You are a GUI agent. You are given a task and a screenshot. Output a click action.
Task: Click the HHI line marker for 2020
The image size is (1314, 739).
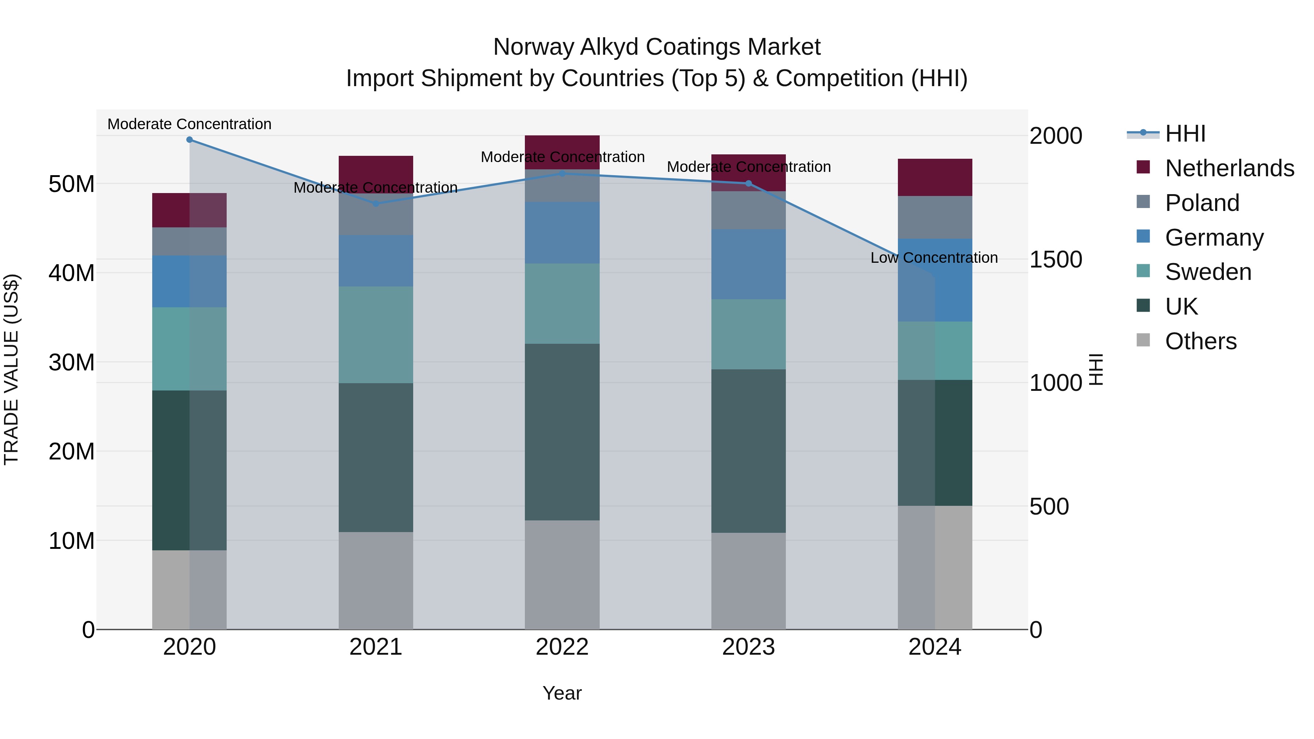point(189,140)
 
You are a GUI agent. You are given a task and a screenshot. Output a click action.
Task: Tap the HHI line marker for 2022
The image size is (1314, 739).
point(562,173)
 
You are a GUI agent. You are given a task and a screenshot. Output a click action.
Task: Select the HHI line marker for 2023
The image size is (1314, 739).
point(748,184)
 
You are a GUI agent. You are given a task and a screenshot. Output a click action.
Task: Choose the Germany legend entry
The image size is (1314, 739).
point(1214,238)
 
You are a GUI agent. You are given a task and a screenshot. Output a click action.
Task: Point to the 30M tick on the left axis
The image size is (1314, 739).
point(72,362)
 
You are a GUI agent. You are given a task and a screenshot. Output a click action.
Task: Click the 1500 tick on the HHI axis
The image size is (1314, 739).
point(1055,259)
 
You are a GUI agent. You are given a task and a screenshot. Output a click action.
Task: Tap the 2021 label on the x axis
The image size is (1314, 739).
point(376,647)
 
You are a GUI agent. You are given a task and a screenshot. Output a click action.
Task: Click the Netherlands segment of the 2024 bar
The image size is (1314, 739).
point(934,177)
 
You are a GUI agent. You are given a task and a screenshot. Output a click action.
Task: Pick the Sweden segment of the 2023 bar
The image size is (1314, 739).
point(748,334)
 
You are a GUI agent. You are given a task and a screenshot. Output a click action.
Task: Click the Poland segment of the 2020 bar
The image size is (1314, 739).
point(189,241)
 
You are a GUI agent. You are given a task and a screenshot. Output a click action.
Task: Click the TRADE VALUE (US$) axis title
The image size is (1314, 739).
point(11,369)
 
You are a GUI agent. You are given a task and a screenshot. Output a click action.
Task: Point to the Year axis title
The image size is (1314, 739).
point(562,693)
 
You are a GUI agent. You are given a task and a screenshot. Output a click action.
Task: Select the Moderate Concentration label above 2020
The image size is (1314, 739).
point(189,124)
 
